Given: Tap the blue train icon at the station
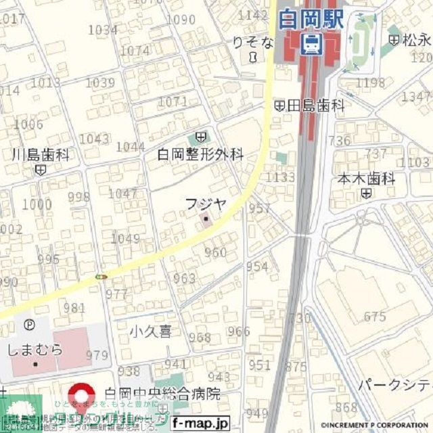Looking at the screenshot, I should tap(311, 45).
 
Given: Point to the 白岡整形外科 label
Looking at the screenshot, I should tap(200, 155).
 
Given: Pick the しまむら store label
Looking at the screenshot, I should tap(35, 350).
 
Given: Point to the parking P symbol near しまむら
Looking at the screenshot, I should tap(29, 325).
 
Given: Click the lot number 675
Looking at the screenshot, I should tap(374, 317).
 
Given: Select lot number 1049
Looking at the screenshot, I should tap(125, 238).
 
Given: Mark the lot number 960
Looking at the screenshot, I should tap(215, 252).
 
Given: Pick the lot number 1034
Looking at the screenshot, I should tap(103, 30).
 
